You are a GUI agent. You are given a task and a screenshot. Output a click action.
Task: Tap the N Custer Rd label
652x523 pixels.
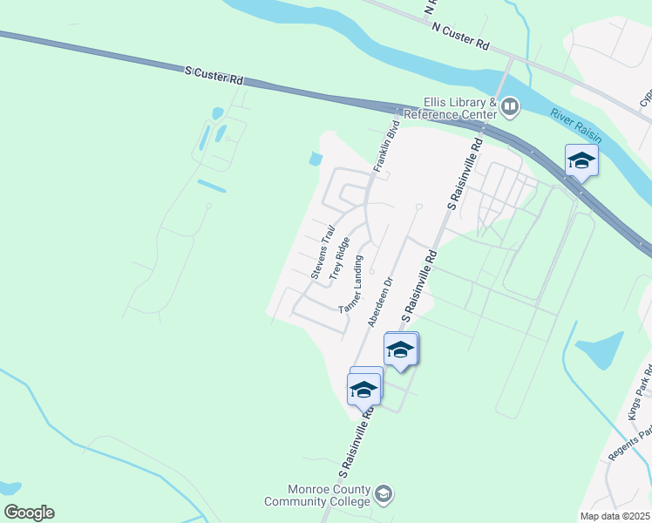point(460,35)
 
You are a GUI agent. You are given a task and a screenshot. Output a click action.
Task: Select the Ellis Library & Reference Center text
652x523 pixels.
point(459,108)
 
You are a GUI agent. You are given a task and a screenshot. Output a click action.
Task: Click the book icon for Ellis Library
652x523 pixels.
point(510,108)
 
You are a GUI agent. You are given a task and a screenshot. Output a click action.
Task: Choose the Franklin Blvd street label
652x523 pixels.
point(385,147)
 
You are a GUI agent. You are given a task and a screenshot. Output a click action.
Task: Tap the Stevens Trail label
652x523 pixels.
point(323,253)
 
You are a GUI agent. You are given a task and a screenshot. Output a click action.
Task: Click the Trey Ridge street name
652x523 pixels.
point(340,259)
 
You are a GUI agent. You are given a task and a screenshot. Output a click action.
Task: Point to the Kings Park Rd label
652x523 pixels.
point(635,401)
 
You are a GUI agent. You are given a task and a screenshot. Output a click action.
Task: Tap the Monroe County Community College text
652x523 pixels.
point(318,496)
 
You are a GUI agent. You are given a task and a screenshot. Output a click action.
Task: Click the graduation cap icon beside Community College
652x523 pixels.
point(383,496)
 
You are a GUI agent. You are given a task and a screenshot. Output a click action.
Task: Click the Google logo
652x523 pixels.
point(29,513)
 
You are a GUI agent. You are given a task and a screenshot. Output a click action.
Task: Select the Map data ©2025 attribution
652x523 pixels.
point(615,516)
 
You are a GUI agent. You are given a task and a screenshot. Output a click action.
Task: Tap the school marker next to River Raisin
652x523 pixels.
point(581,160)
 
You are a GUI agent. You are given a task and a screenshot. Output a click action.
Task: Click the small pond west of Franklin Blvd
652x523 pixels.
point(315,159)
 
